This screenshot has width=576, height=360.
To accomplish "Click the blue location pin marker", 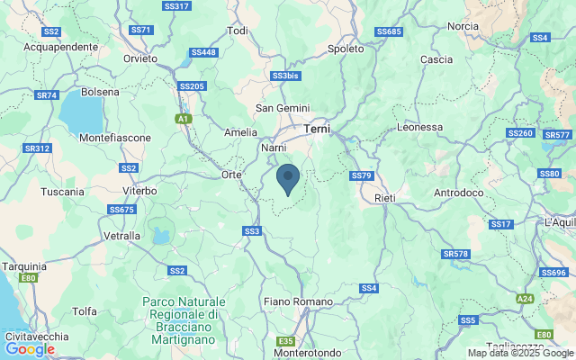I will [x=288, y=179].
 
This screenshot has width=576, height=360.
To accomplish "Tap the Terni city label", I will [x=317, y=130].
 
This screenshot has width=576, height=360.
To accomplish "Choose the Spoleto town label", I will [x=346, y=49].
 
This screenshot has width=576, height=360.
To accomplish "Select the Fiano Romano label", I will [x=299, y=301].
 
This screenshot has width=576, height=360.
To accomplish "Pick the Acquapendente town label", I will [x=60, y=46].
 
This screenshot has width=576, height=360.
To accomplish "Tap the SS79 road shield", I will [x=361, y=175].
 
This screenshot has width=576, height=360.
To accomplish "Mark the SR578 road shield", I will [x=456, y=254].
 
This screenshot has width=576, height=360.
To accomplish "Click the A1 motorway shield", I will [x=184, y=119].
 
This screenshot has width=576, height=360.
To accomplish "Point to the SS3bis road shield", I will [x=284, y=76].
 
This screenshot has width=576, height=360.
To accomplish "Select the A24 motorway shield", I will [x=525, y=298].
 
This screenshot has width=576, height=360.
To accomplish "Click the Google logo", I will [x=30, y=348].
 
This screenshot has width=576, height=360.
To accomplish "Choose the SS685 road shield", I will [x=389, y=31].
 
